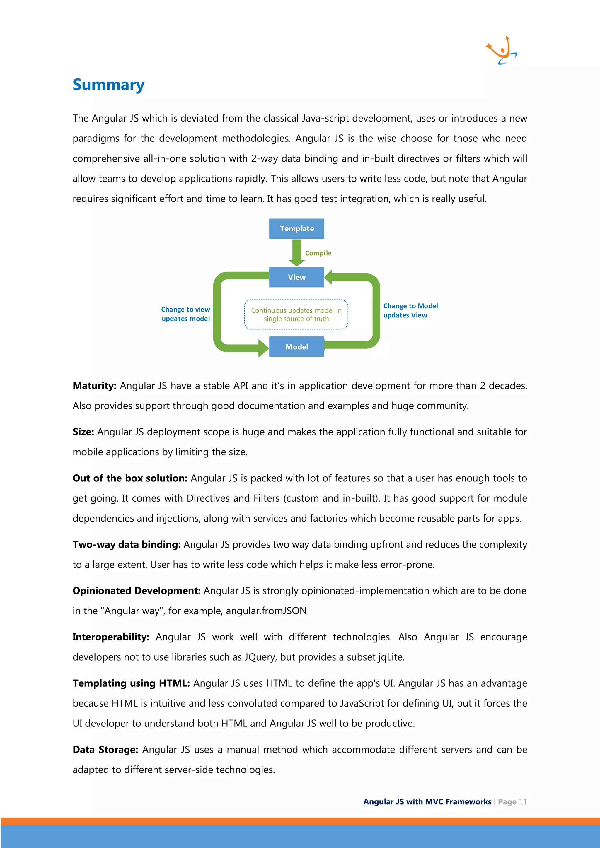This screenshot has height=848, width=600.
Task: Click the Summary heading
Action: click(108, 85)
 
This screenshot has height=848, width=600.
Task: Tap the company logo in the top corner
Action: click(502, 51)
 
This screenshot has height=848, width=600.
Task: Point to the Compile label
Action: click(318, 253)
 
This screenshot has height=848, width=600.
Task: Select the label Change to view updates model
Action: click(185, 314)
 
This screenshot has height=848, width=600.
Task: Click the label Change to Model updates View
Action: click(410, 311)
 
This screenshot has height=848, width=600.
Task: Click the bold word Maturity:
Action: click(95, 386)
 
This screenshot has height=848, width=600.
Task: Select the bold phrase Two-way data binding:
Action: click(126, 545)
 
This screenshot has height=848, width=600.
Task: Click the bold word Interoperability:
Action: click(111, 637)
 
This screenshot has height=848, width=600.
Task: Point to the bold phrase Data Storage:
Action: click(105, 750)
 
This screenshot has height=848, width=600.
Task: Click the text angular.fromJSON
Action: click(266, 611)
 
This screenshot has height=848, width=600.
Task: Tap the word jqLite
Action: click(391, 657)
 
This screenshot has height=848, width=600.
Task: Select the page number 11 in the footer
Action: click(523, 802)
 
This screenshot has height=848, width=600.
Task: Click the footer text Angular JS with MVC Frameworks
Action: click(427, 802)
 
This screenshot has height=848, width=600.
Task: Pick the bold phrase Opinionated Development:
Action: click(136, 591)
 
